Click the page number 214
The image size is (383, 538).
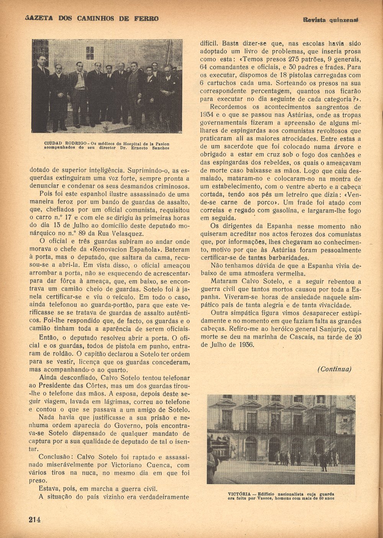click(34, 520)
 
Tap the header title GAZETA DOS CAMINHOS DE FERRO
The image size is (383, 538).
click(92, 18)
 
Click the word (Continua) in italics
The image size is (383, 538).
click(334, 369)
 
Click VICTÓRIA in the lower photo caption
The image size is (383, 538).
click(239, 494)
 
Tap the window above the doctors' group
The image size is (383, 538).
click(90, 53)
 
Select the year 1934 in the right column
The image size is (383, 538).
click(207, 114)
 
